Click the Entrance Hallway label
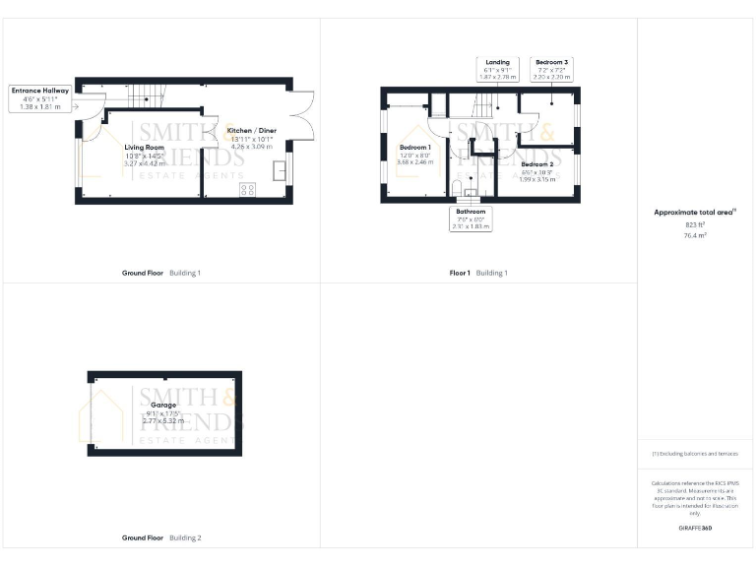pyautogui.click(x=40, y=98)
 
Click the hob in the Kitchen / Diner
pyautogui.click(x=247, y=189)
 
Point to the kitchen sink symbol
pyautogui.click(x=279, y=169)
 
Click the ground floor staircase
pyautogui.click(x=146, y=95)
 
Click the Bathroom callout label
pyautogui.click(x=470, y=219)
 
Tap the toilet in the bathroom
pyautogui.click(x=458, y=187)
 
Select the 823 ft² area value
pyautogui.click(x=696, y=225)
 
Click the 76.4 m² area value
pyautogui.click(x=696, y=236)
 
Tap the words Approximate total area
pyautogui.click(x=694, y=213)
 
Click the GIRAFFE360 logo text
pyautogui.click(x=695, y=529)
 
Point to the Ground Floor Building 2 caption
pyautogui.click(x=161, y=538)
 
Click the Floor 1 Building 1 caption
pyautogui.click(x=478, y=272)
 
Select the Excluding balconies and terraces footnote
pyautogui.click(x=695, y=454)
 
